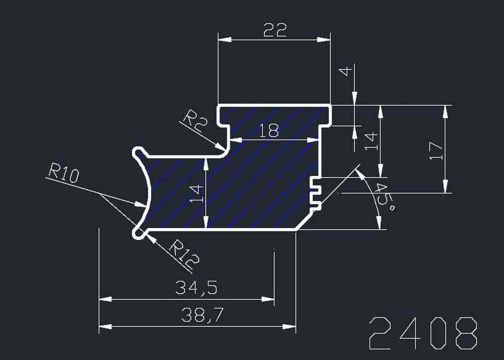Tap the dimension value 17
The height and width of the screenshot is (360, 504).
pos(436,150)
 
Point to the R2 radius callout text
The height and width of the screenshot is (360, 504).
pos(195,119)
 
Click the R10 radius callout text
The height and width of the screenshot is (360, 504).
pos(63,174)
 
